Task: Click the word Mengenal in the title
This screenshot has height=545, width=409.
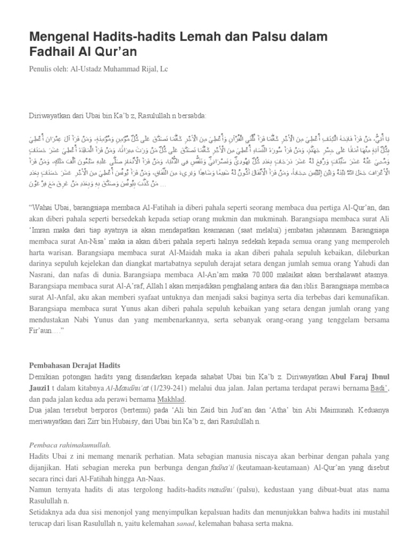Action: [x=57, y=37]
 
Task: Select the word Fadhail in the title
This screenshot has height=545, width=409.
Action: [x=51, y=52]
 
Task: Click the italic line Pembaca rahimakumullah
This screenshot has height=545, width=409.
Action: [x=69, y=445]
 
